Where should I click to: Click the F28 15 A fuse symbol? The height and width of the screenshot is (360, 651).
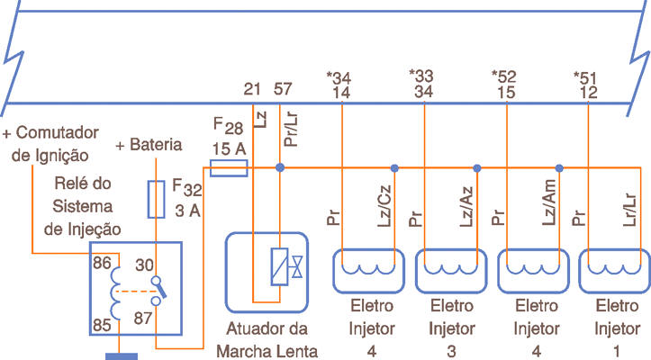click(229, 167)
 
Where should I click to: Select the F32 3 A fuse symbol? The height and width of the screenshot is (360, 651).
click(157, 198)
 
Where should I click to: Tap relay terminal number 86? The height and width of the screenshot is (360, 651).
click(102, 265)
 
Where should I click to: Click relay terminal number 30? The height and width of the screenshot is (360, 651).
click(144, 265)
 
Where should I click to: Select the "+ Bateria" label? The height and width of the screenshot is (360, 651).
click(149, 145)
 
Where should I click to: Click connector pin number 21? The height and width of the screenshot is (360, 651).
click(253, 89)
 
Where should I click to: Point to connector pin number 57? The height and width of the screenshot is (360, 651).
click(282, 89)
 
